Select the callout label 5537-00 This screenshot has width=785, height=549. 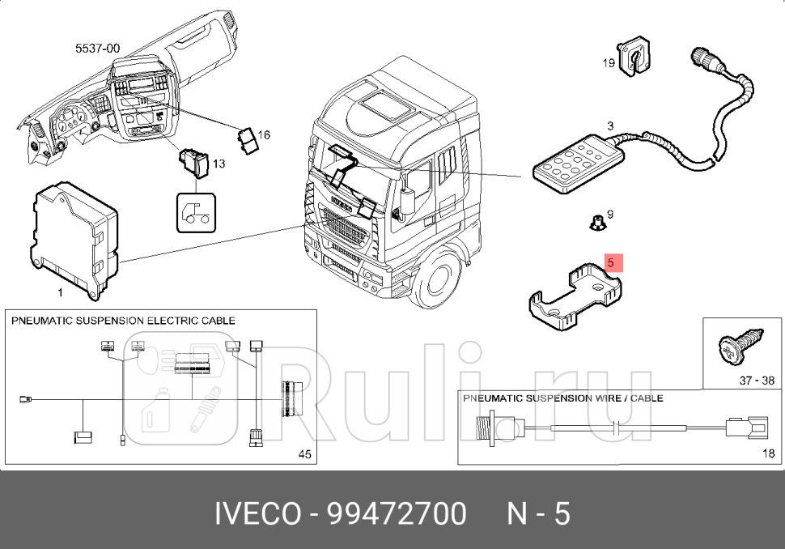tap(97, 49)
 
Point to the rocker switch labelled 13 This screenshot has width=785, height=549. tap(195, 163)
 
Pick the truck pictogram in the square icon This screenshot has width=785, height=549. tap(197, 213)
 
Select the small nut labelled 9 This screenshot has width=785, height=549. tap(596, 220)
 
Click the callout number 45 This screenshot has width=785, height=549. tap(304, 455)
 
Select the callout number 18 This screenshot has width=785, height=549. tap(768, 454)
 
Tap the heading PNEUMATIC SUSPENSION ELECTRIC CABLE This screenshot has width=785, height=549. tap(123, 321)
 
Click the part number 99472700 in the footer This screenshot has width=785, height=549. tap(397, 513)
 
